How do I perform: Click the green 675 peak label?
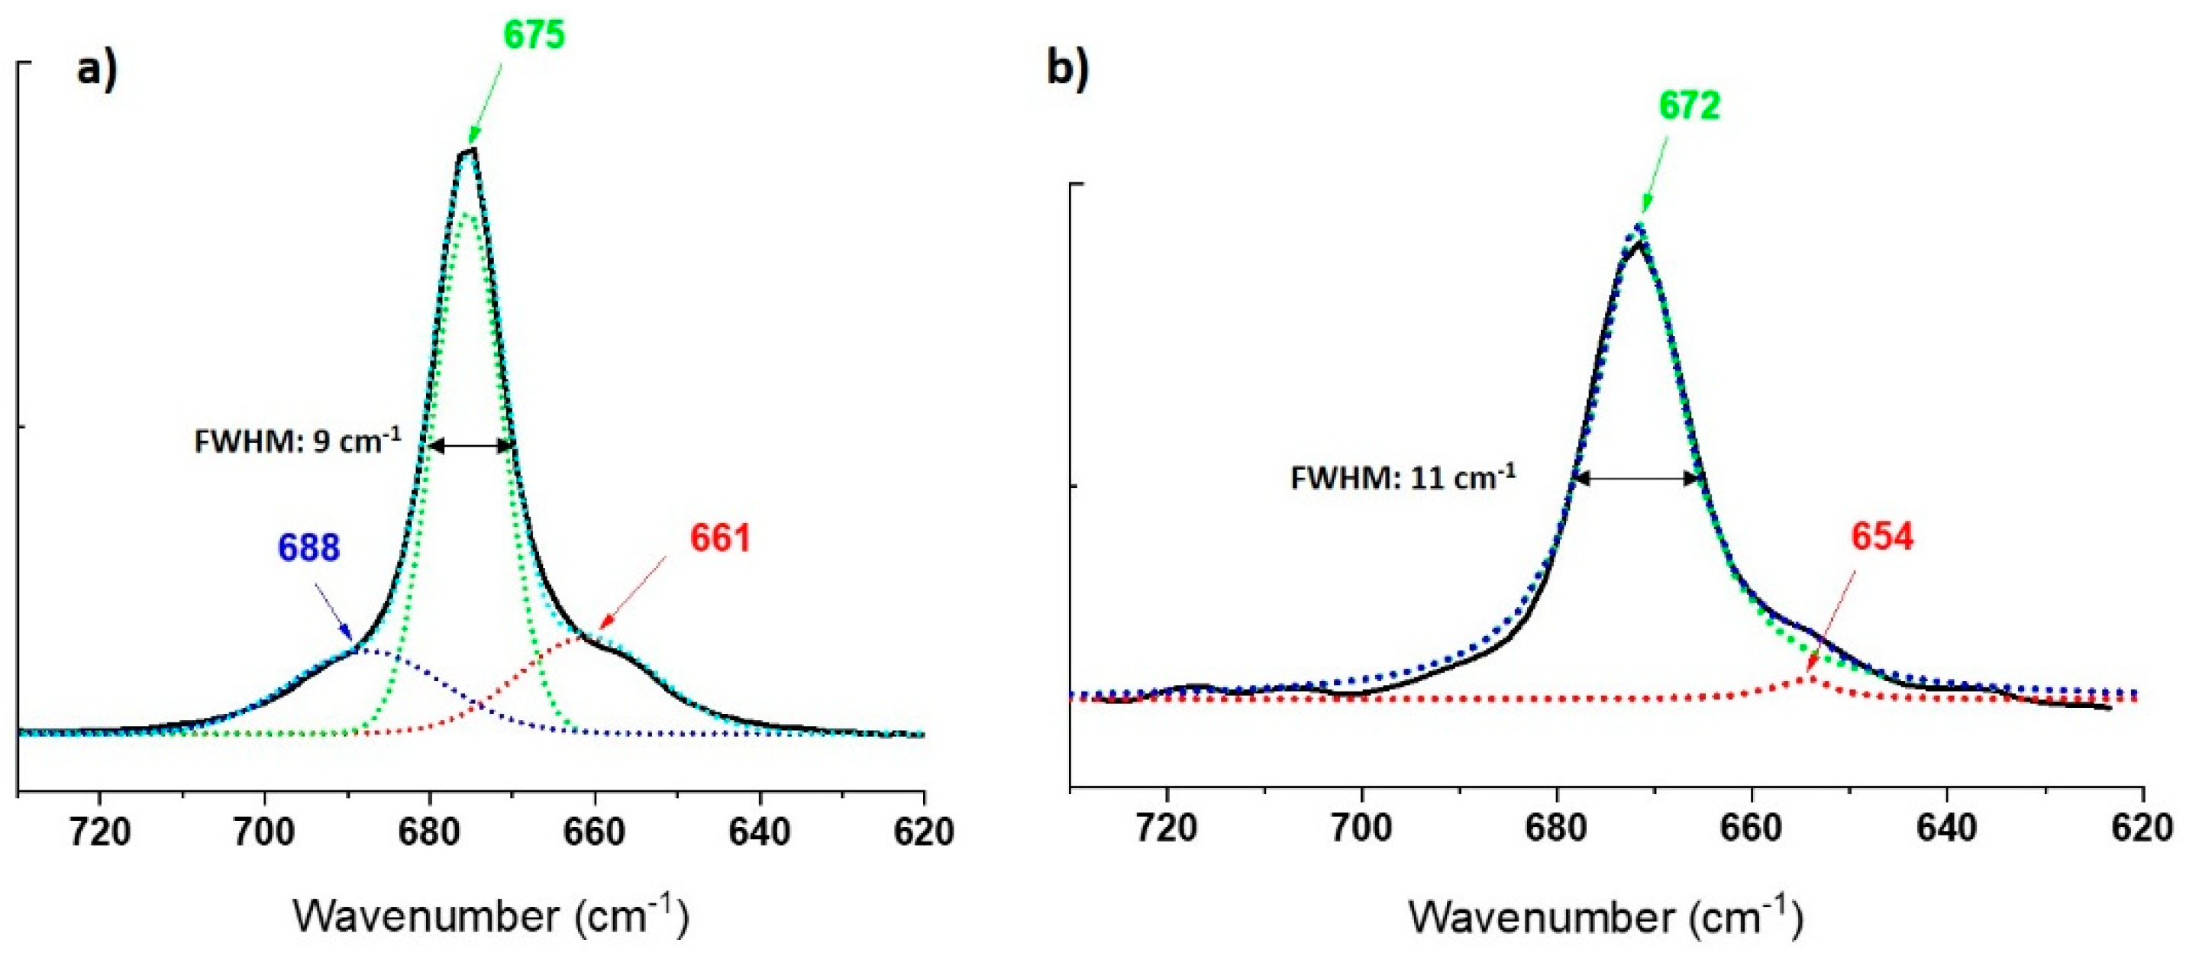(534, 36)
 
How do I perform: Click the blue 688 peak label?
(309, 548)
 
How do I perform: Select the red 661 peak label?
(721, 539)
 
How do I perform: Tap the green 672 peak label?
(1690, 107)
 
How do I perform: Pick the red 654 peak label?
(1882, 537)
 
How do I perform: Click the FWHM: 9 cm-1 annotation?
(298, 442)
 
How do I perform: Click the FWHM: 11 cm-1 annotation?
(1403, 479)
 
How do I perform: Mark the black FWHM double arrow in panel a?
(470, 445)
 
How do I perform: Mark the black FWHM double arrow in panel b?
(1639, 479)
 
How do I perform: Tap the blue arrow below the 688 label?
(334, 611)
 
